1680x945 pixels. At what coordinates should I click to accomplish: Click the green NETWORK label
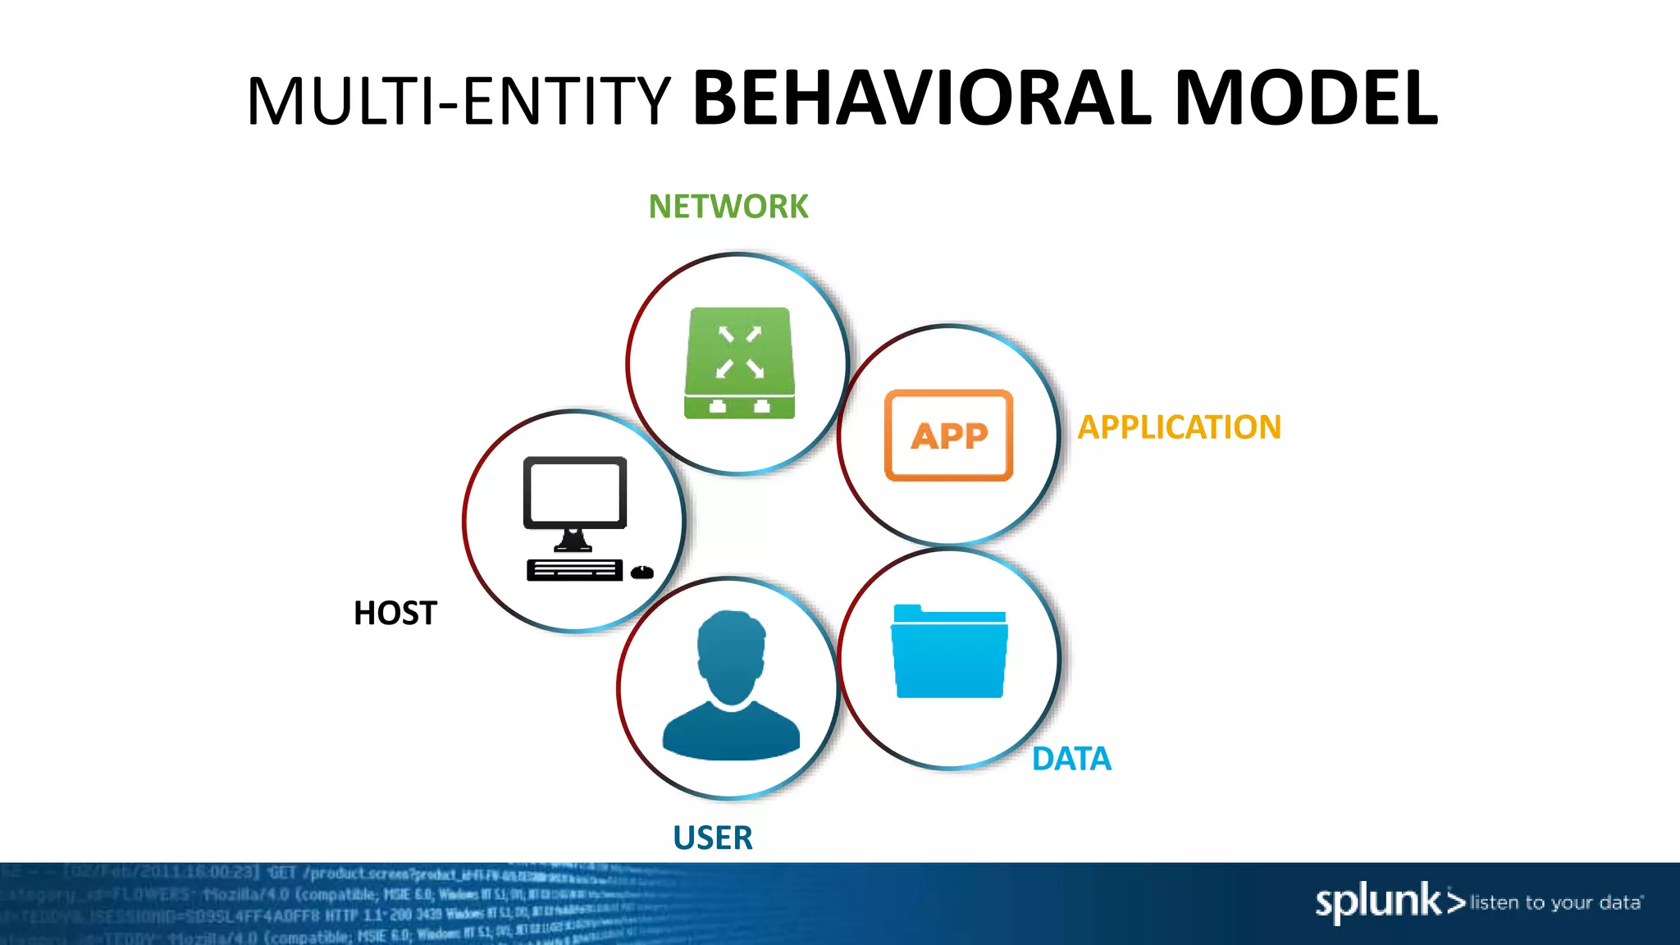(728, 207)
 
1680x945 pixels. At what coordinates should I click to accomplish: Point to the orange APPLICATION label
(1179, 427)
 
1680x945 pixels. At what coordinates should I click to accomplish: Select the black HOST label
(395, 614)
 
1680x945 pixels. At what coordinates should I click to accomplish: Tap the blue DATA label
(1071, 759)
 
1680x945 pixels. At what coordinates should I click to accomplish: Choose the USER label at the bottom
(712, 838)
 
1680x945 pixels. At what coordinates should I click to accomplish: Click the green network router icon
(740, 363)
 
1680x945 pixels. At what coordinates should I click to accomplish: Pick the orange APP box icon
(949, 436)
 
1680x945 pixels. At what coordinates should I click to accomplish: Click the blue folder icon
(949, 652)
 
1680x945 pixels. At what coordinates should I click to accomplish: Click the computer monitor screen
(575, 492)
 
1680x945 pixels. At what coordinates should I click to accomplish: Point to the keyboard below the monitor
(574, 570)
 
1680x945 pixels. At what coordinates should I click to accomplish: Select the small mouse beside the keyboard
(642, 572)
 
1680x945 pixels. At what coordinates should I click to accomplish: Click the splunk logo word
(1378, 902)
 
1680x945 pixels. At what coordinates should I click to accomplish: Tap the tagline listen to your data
(1556, 903)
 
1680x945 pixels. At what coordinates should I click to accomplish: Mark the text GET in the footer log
(281, 873)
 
